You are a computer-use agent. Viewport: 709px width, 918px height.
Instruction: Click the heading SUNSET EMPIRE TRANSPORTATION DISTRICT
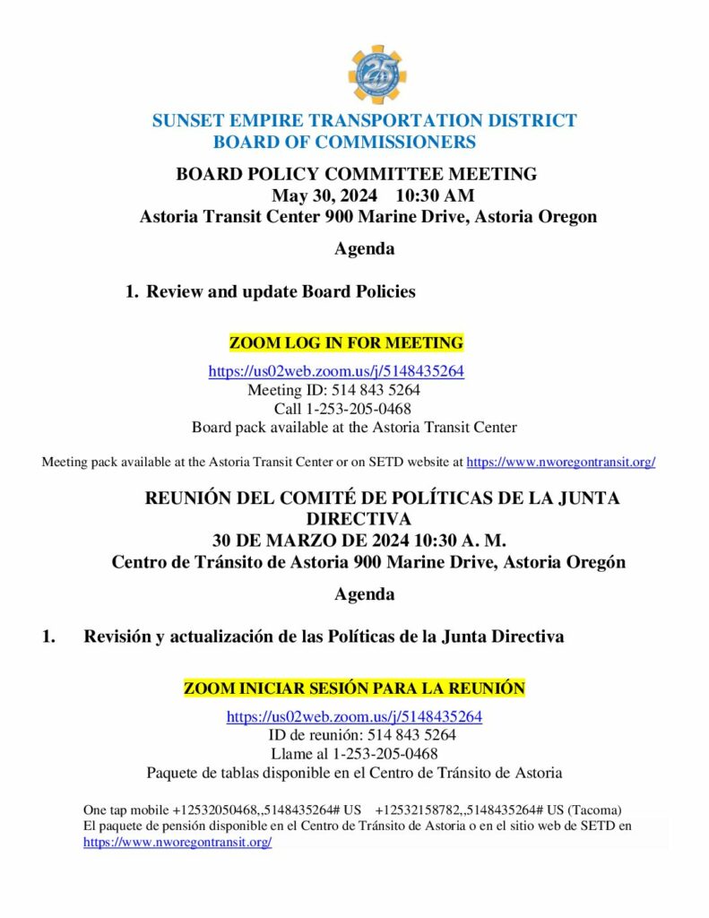[364, 121]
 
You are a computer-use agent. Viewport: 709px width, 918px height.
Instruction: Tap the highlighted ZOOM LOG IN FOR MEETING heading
[346, 342]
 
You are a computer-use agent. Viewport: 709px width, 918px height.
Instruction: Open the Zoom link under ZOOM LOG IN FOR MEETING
[336, 371]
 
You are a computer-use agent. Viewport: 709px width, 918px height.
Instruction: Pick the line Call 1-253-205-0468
[343, 409]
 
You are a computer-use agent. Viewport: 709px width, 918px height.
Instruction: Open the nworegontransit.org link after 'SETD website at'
[561, 463]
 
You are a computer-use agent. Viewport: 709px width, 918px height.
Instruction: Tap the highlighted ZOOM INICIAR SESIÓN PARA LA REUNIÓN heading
[354, 688]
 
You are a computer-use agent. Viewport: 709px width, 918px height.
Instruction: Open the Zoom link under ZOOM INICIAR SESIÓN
[354, 716]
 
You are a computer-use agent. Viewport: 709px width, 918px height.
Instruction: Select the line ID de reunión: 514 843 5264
[354, 735]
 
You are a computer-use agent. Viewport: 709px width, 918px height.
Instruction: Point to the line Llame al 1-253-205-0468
[354, 754]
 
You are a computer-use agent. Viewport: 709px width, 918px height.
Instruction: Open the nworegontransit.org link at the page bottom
[177, 843]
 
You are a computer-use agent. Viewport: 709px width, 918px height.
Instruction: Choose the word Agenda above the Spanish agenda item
[364, 594]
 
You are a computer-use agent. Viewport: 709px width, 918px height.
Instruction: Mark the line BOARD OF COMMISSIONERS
[345, 142]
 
